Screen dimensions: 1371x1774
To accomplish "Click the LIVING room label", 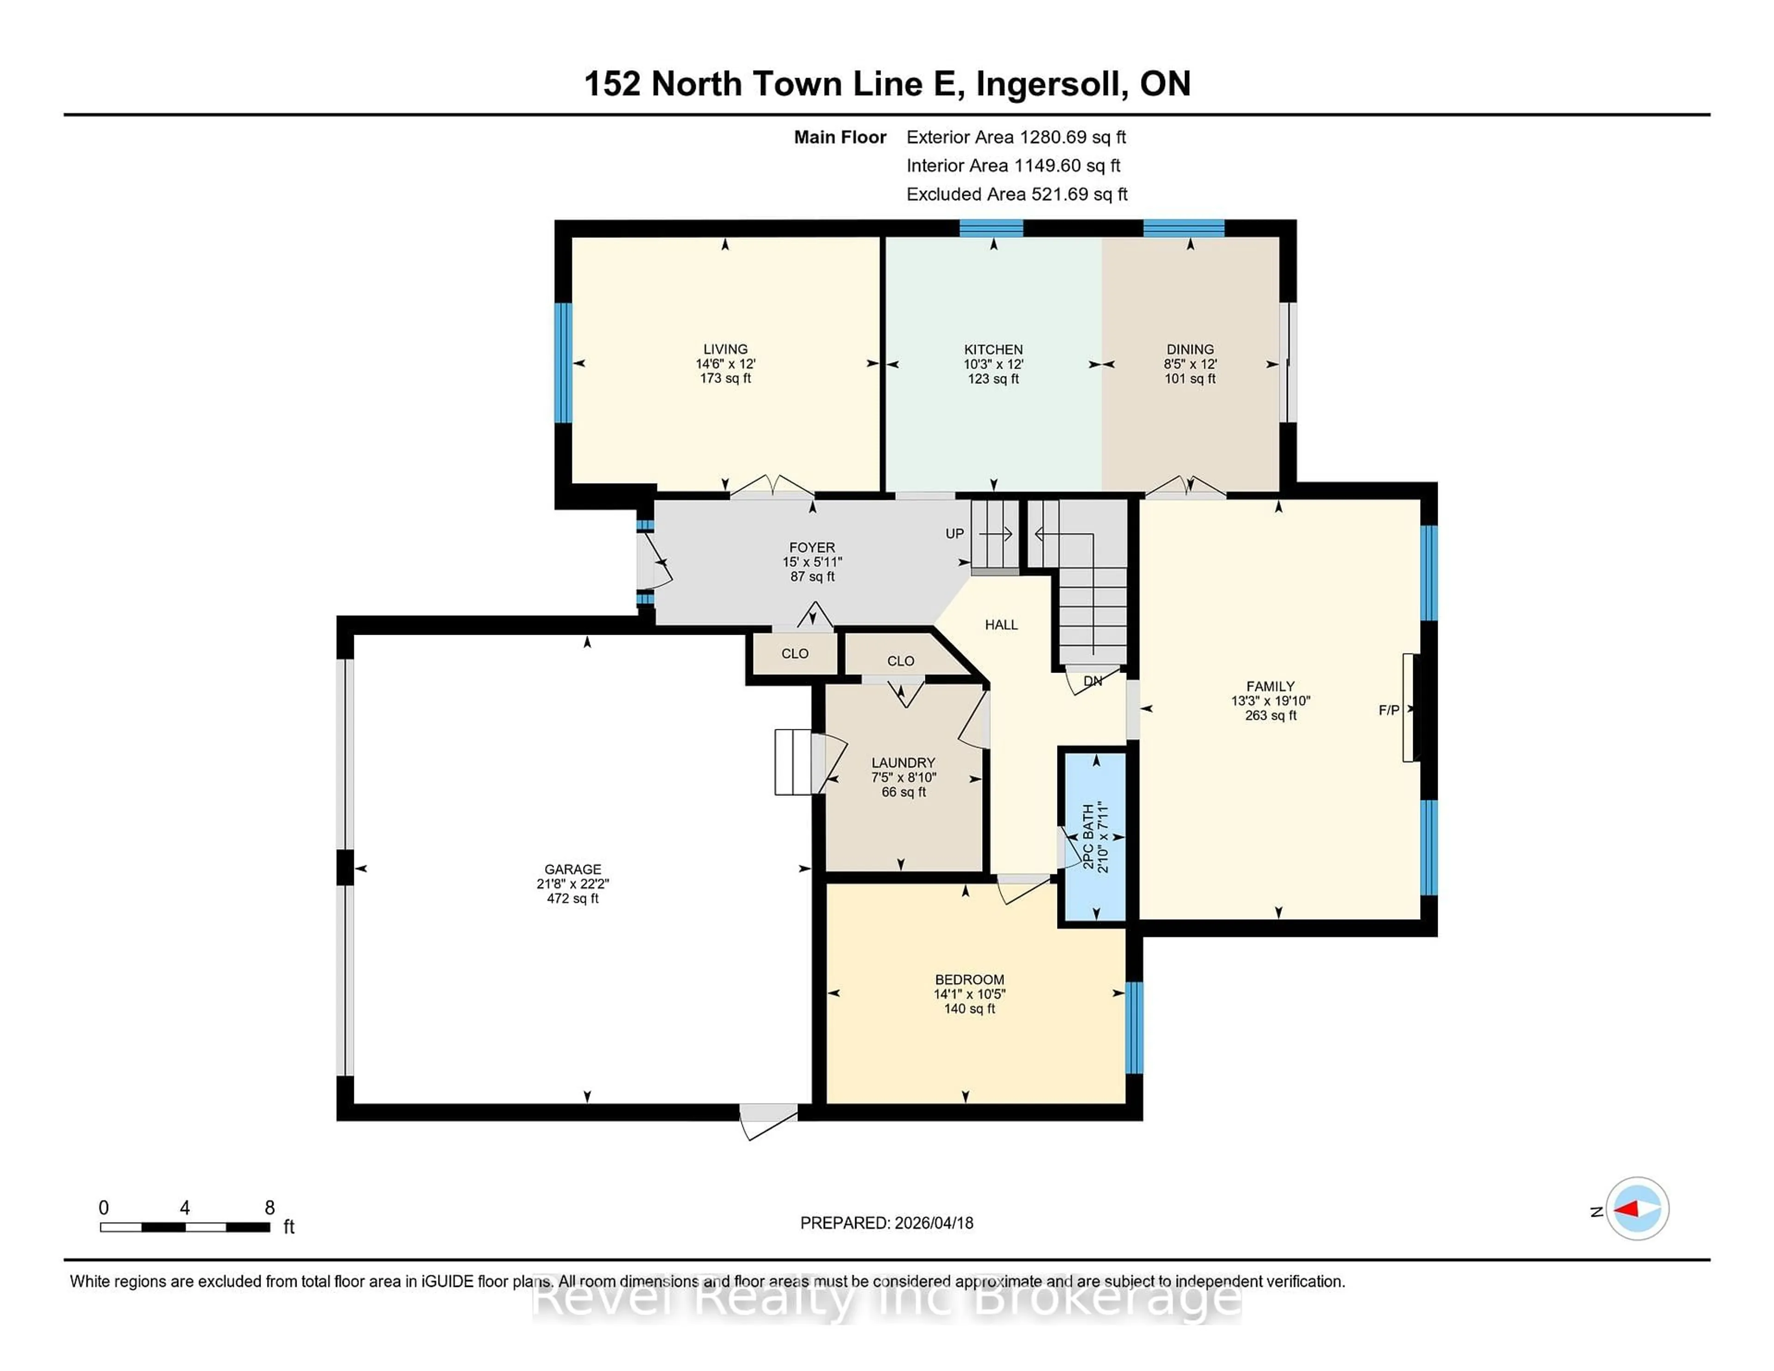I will (725, 349).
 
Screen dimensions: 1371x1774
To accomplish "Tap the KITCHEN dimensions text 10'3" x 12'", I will (993, 364).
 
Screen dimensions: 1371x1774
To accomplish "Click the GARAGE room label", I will (573, 869).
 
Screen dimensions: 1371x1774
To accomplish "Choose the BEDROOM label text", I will (969, 980).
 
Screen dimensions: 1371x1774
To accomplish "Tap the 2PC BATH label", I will (1088, 837).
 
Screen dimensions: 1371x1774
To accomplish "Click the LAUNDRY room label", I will (903, 763).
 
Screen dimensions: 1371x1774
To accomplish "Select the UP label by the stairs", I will (954, 534).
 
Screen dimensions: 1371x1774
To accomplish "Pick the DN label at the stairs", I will (1093, 680).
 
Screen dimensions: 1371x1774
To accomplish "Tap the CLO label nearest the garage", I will (795, 654).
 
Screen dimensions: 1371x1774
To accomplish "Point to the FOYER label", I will (811, 547).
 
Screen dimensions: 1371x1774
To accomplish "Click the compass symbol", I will (1637, 1208).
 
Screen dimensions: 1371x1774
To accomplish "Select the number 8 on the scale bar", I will (270, 1208).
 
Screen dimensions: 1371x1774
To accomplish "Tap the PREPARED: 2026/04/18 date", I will (886, 1222).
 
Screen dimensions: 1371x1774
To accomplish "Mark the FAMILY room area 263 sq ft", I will (1270, 716).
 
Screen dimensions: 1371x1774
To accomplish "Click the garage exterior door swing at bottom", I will (768, 1122).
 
